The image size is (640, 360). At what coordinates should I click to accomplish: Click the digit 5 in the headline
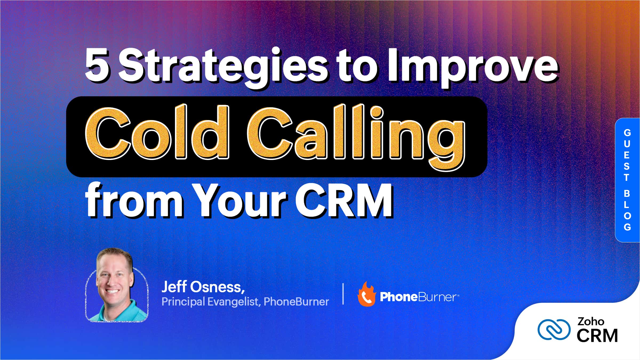pos(97,65)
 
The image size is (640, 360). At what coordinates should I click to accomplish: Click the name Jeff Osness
pos(203,287)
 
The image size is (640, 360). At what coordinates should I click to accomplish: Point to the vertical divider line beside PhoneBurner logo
pos(343,294)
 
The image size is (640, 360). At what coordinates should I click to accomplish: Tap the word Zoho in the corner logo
pos(591,321)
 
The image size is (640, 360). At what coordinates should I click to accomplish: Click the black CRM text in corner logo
pos(597,336)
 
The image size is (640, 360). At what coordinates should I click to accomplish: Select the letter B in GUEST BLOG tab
pos(627,194)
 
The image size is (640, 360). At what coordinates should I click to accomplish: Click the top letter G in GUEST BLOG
pos(627,133)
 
